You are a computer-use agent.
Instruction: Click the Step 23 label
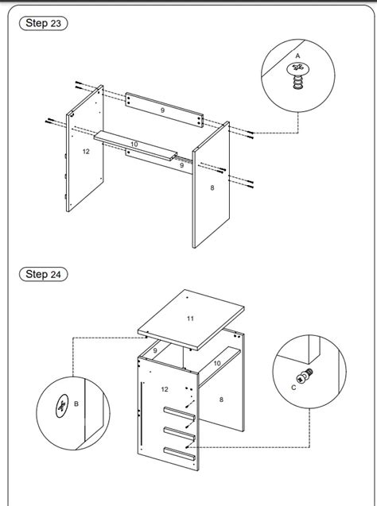[43, 23]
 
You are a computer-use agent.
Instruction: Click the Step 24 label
[43, 274]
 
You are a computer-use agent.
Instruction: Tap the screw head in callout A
[298, 68]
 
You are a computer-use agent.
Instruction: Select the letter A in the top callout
[297, 56]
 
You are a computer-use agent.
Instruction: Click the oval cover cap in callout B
[62, 406]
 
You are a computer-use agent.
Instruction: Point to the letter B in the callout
[76, 404]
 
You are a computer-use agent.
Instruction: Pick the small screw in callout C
[305, 377]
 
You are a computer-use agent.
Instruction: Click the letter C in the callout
[293, 388]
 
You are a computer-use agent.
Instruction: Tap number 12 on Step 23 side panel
[86, 152]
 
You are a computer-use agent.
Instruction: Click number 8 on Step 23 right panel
[212, 187]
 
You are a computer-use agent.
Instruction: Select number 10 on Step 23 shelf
[134, 145]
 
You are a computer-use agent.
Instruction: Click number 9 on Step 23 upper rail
[162, 110]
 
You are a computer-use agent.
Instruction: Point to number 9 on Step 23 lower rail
[182, 165]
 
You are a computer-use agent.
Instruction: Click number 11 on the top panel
[190, 319]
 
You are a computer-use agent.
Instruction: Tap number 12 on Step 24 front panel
[165, 389]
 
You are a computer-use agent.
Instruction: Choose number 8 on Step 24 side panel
[221, 400]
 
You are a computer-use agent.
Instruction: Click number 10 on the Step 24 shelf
[217, 363]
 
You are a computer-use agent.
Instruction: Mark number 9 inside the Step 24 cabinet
[155, 350]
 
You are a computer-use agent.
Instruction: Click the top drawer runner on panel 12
[180, 413]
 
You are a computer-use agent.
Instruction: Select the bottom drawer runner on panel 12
[180, 454]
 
